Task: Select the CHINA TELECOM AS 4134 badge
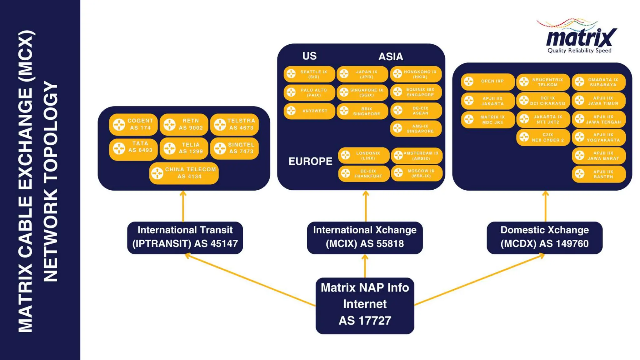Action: pyautogui.click(x=184, y=173)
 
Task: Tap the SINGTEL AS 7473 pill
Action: pyautogui.click(x=234, y=148)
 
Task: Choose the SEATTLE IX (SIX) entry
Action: pyautogui.click(x=309, y=74)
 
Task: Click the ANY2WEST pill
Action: pyautogui.click(x=309, y=111)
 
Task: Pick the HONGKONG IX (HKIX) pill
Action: pyautogui.click(x=416, y=74)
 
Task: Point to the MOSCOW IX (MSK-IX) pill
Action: pyautogui.click(x=416, y=173)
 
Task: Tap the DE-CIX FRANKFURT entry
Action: pyautogui.click(x=364, y=174)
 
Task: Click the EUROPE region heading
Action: pyautogui.click(x=310, y=161)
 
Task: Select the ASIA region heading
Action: pyautogui.click(x=391, y=57)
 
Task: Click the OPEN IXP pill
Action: pyautogui.click(x=487, y=81)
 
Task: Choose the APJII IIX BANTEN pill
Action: pyautogui.click(x=599, y=174)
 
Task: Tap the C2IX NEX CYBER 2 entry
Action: pyautogui.click(x=543, y=137)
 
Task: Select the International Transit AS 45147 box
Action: pyautogui.click(x=185, y=237)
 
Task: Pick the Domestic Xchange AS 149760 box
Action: pyautogui.click(x=544, y=237)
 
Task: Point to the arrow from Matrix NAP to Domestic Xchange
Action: pyautogui.click(x=478, y=280)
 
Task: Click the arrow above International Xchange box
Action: pyautogui.click(x=366, y=206)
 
